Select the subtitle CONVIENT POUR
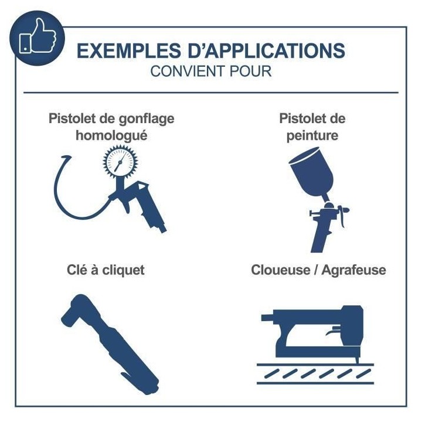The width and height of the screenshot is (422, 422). (x=210, y=72)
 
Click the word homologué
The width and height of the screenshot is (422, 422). (x=111, y=135)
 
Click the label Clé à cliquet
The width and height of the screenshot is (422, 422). (x=105, y=270)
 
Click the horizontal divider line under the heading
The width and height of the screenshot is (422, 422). (x=210, y=93)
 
